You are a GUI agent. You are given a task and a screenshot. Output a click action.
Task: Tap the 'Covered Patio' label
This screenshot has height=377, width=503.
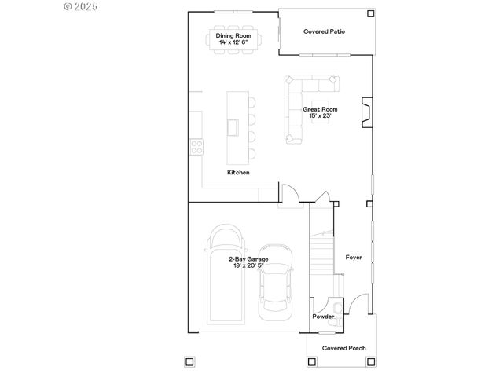[x=325, y=31]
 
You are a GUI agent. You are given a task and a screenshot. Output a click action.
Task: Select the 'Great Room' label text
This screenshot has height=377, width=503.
[x=321, y=109]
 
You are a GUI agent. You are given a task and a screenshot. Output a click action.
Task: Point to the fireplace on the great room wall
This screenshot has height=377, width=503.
[x=365, y=112]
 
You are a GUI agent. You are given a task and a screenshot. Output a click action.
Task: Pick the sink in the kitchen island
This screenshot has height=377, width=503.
[x=233, y=126]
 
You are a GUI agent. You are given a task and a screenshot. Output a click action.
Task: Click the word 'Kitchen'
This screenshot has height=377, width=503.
[x=238, y=172]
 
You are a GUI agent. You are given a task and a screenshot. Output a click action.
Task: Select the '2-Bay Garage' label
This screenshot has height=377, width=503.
[x=248, y=258]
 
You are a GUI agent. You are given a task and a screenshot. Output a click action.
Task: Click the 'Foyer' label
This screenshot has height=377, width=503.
[x=354, y=257]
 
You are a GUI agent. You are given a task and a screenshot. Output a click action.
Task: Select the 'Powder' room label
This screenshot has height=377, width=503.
[x=323, y=317]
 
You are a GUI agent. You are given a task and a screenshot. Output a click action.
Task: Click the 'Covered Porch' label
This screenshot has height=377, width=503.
[x=343, y=347]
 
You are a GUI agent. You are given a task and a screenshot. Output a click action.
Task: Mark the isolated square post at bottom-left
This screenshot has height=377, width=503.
[x=189, y=362]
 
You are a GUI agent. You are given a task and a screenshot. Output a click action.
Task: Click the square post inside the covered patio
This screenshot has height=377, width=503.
[x=370, y=13]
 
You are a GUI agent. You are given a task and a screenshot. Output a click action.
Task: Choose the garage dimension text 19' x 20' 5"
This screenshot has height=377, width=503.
[x=248, y=265]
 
